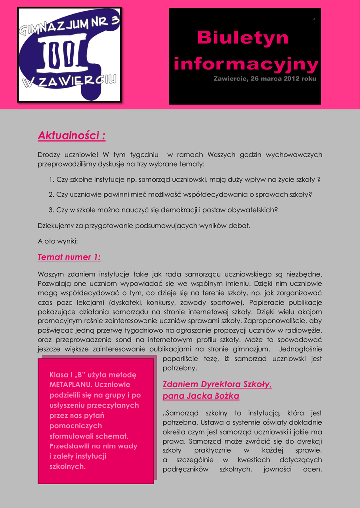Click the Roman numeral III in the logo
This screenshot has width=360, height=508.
click(65, 55)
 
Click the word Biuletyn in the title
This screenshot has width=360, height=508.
click(243, 38)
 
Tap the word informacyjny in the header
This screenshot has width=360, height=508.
click(246, 63)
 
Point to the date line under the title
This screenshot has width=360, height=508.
click(265, 79)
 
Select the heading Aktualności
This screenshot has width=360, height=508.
click(72, 135)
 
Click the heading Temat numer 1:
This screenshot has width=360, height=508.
click(69, 257)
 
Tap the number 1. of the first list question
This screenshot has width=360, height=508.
click(51, 179)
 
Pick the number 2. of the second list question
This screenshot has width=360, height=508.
click(51, 194)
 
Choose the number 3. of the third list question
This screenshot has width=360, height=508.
click(51, 210)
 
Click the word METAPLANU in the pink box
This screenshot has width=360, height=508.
click(70, 384)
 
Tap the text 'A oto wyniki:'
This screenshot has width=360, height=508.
click(58, 241)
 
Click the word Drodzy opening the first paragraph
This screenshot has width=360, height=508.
click(49, 155)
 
